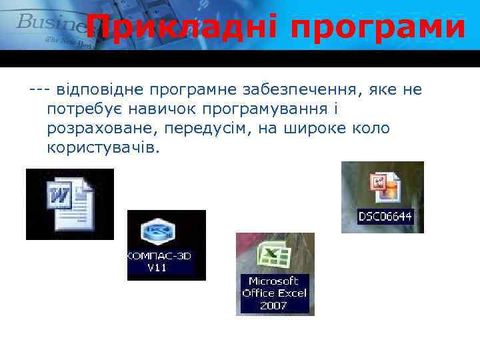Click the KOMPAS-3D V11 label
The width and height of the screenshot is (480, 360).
(x=159, y=262)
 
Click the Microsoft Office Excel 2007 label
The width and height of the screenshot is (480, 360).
(x=274, y=293)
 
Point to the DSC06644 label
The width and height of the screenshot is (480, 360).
(x=385, y=216)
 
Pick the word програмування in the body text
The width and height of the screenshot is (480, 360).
(x=267, y=109)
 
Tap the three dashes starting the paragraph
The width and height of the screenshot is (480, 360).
(x=39, y=89)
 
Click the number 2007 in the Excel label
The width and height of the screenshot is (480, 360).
(x=273, y=305)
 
